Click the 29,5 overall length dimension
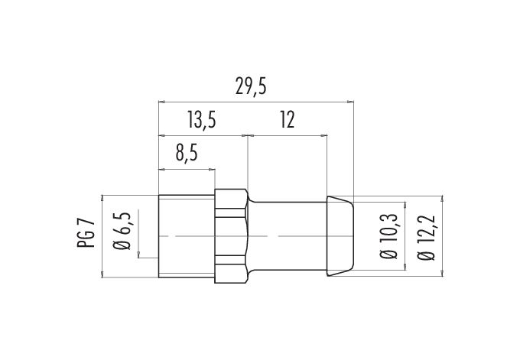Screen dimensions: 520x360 pos(251,86)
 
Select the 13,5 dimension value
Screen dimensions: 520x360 pos(201,120)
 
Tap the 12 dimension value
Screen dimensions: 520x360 pos(288,120)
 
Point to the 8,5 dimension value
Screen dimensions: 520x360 pos(187,154)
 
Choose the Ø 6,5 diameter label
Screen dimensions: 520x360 pos(122,231)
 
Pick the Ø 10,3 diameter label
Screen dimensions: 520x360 pos(388,236)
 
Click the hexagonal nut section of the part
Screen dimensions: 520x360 pos(231,236)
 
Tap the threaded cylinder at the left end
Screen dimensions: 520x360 pos(187,236)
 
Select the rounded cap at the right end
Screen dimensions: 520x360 pos(340,236)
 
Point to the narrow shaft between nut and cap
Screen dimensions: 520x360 pos(288,236)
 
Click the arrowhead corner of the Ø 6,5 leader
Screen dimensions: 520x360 pos(138,258)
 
